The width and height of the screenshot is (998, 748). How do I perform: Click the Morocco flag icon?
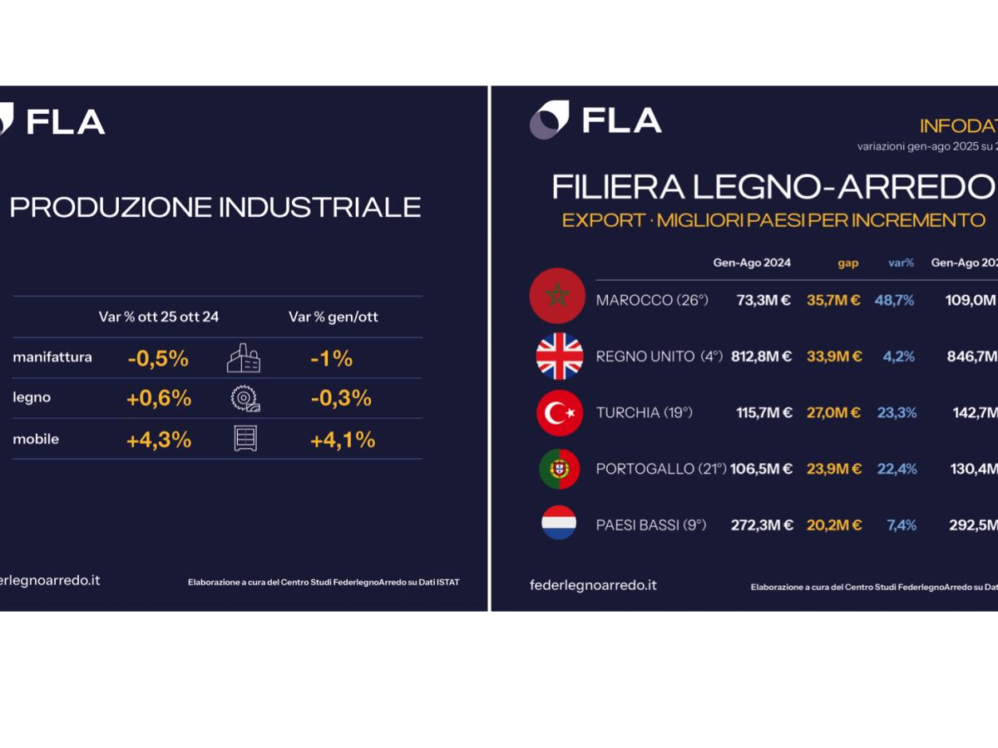pos(558,297)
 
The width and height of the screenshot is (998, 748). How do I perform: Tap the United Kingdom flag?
pos(559,356)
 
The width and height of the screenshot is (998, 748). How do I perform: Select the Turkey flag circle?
pos(559,412)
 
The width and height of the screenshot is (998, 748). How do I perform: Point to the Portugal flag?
pos(559,469)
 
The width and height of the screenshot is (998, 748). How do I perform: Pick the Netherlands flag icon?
pos(559,523)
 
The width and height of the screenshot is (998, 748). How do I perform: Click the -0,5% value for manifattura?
pos(158,359)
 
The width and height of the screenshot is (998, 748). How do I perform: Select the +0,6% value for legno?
pos(159,399)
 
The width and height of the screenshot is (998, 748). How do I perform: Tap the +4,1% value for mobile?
pos(342,440)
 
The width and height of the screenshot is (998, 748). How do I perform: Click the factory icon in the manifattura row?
pos(244,358)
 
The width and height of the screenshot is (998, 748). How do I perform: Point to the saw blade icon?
pos(245,400)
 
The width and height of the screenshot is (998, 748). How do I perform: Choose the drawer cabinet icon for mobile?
pos(245,439)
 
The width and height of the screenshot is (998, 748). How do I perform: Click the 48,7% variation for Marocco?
pos(894,300)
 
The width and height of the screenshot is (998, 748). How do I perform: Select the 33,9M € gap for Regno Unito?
pos(834,357)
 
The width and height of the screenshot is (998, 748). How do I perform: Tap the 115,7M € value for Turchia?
pos(764,413)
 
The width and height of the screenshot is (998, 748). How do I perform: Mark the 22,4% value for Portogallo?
pos(897,470)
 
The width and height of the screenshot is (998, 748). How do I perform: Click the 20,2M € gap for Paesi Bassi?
pos(834,525)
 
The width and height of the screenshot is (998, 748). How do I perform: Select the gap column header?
pos(847,263)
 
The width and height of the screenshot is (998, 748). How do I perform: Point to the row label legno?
pos(32,398)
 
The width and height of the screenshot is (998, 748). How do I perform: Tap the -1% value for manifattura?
pos(331,359)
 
